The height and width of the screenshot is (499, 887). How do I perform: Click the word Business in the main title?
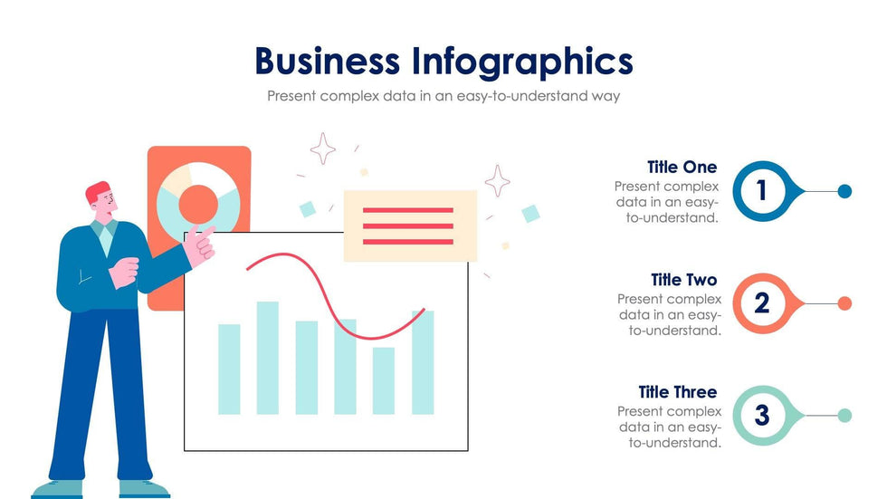(x=327, y=61)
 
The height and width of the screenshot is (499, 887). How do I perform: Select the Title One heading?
(x=682, y=167)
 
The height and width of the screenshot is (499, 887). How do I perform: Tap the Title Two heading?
(x=683, y=280)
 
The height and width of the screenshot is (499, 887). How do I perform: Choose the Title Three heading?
(x=678, y=391)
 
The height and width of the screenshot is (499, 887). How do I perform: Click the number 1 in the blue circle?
(x=761, y=191)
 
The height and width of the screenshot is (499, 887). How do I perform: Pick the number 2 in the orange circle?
(x=762, y=302)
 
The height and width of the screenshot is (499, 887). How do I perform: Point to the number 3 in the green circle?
(x=762, y=415)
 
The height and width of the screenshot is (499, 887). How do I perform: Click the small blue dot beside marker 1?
(x=844, y=191)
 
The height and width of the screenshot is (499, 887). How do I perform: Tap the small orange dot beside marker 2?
(x=844, y=303)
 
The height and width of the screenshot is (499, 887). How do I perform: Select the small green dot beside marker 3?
(x=844, y=416)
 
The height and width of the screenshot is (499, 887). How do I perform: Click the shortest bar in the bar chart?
(x=384, y=380)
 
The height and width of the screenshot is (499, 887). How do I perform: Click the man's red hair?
(x=97, y=192)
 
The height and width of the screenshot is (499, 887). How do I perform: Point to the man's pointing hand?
(x=200, y=245)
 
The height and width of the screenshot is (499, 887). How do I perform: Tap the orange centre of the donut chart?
(x=198, y=205)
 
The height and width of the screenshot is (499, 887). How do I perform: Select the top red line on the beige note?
(x=408, y=210)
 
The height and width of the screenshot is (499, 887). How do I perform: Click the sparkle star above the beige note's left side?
(x=322, y=149)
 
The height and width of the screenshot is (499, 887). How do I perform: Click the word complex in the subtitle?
(x=349, y=96)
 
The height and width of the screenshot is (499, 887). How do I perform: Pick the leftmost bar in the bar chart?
(x=229, y=369)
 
